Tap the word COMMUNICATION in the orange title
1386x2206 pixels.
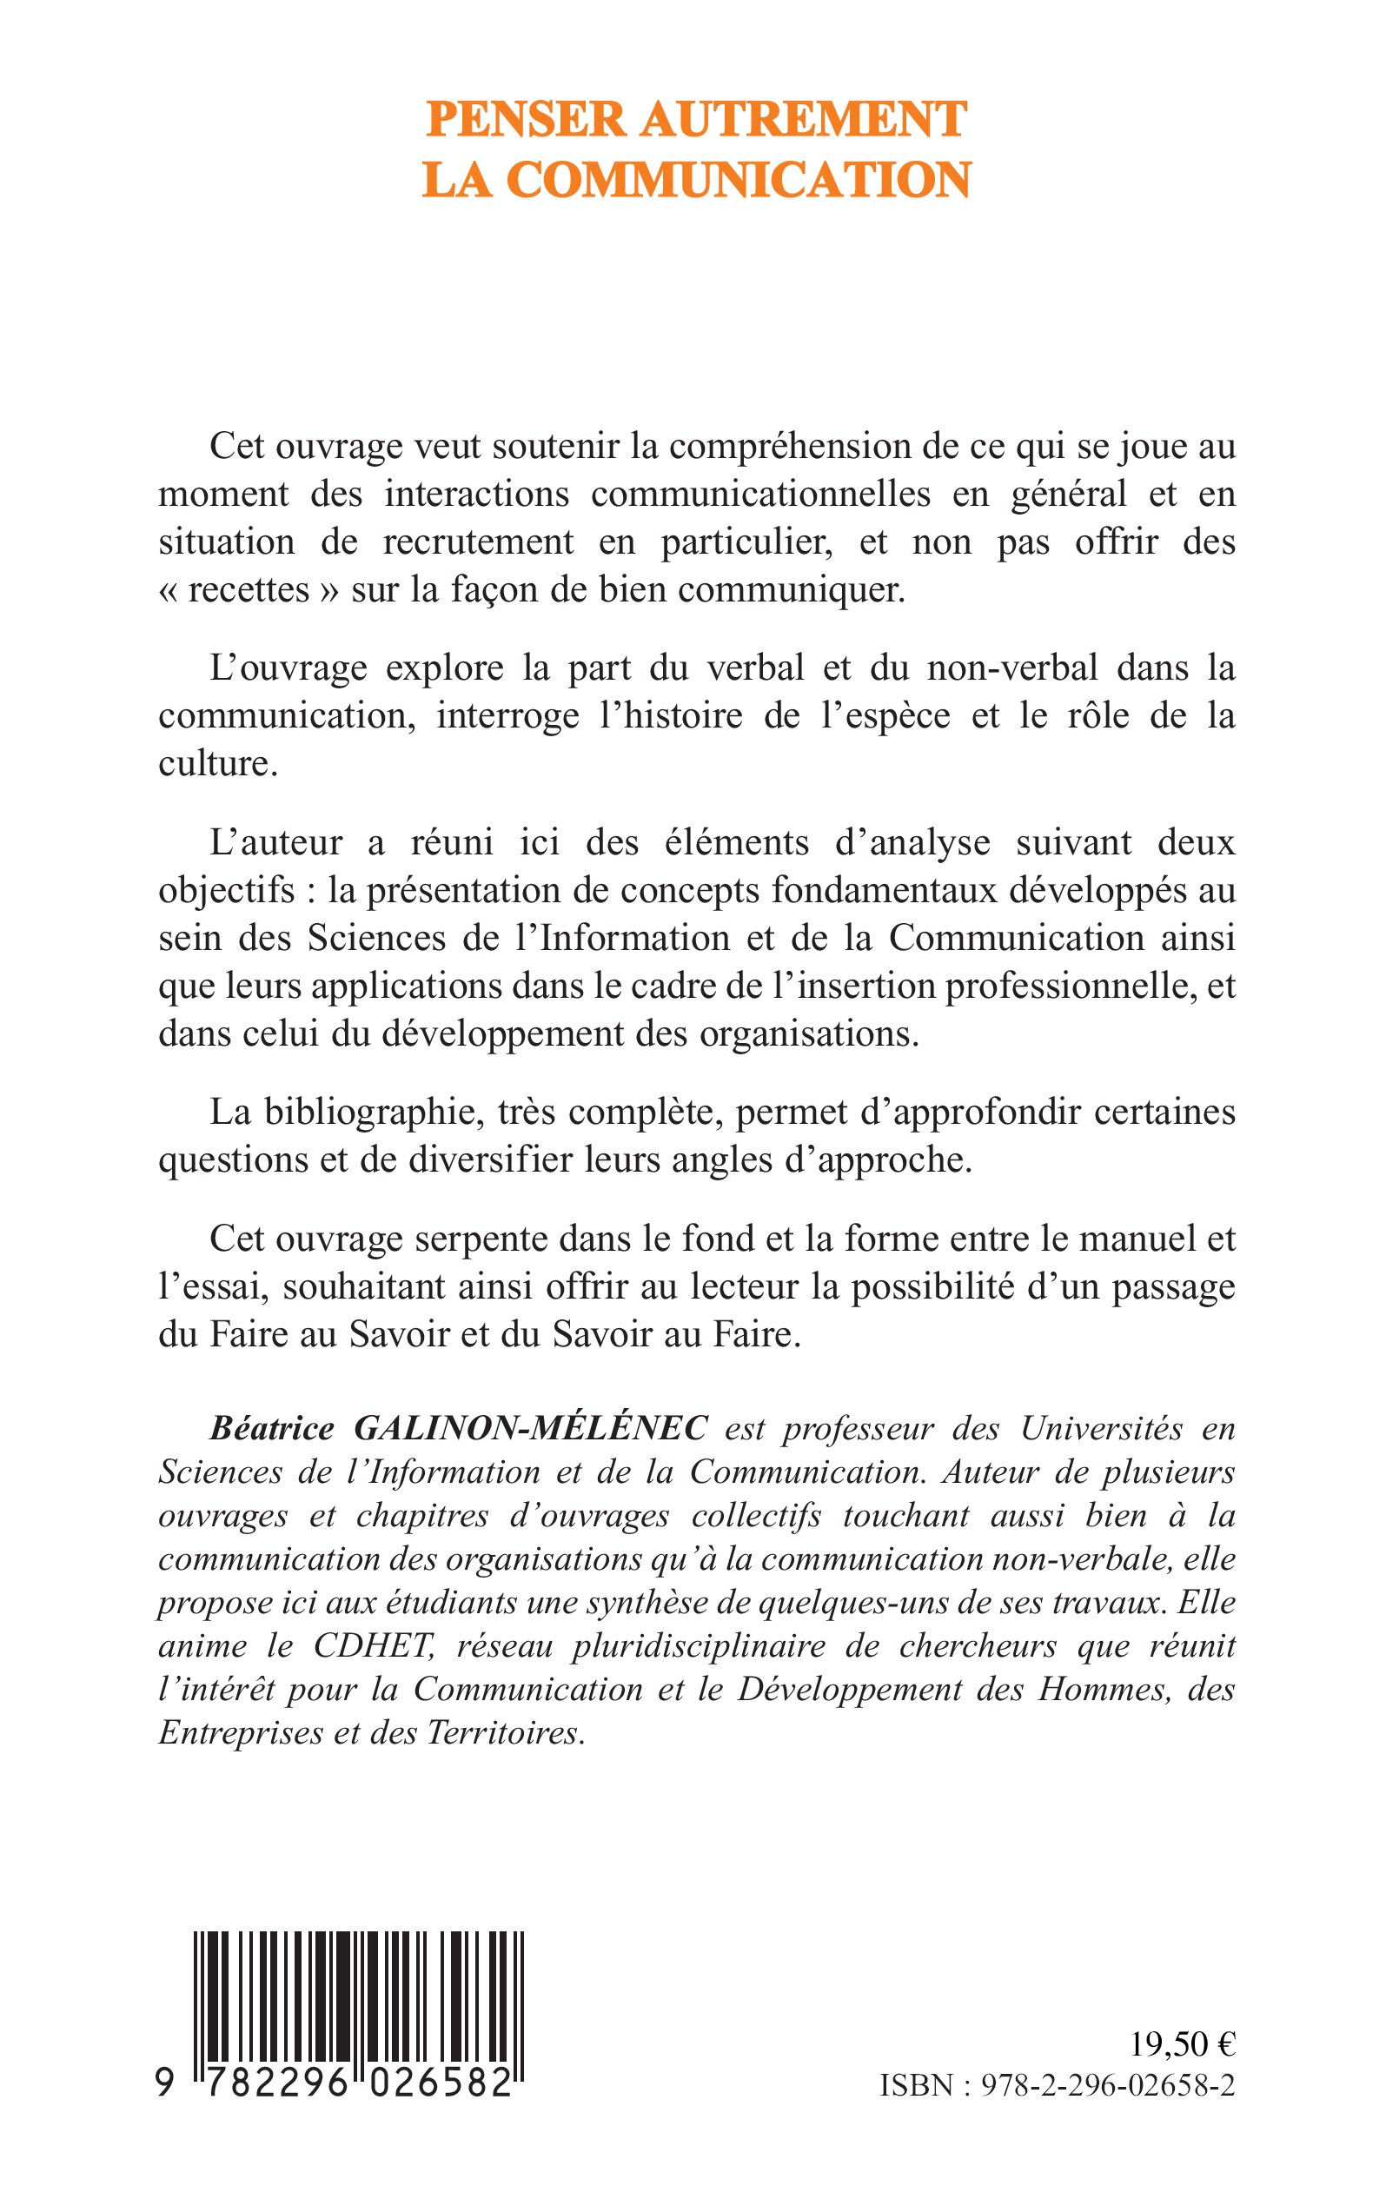739,181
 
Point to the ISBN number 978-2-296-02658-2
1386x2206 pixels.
1106,2108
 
